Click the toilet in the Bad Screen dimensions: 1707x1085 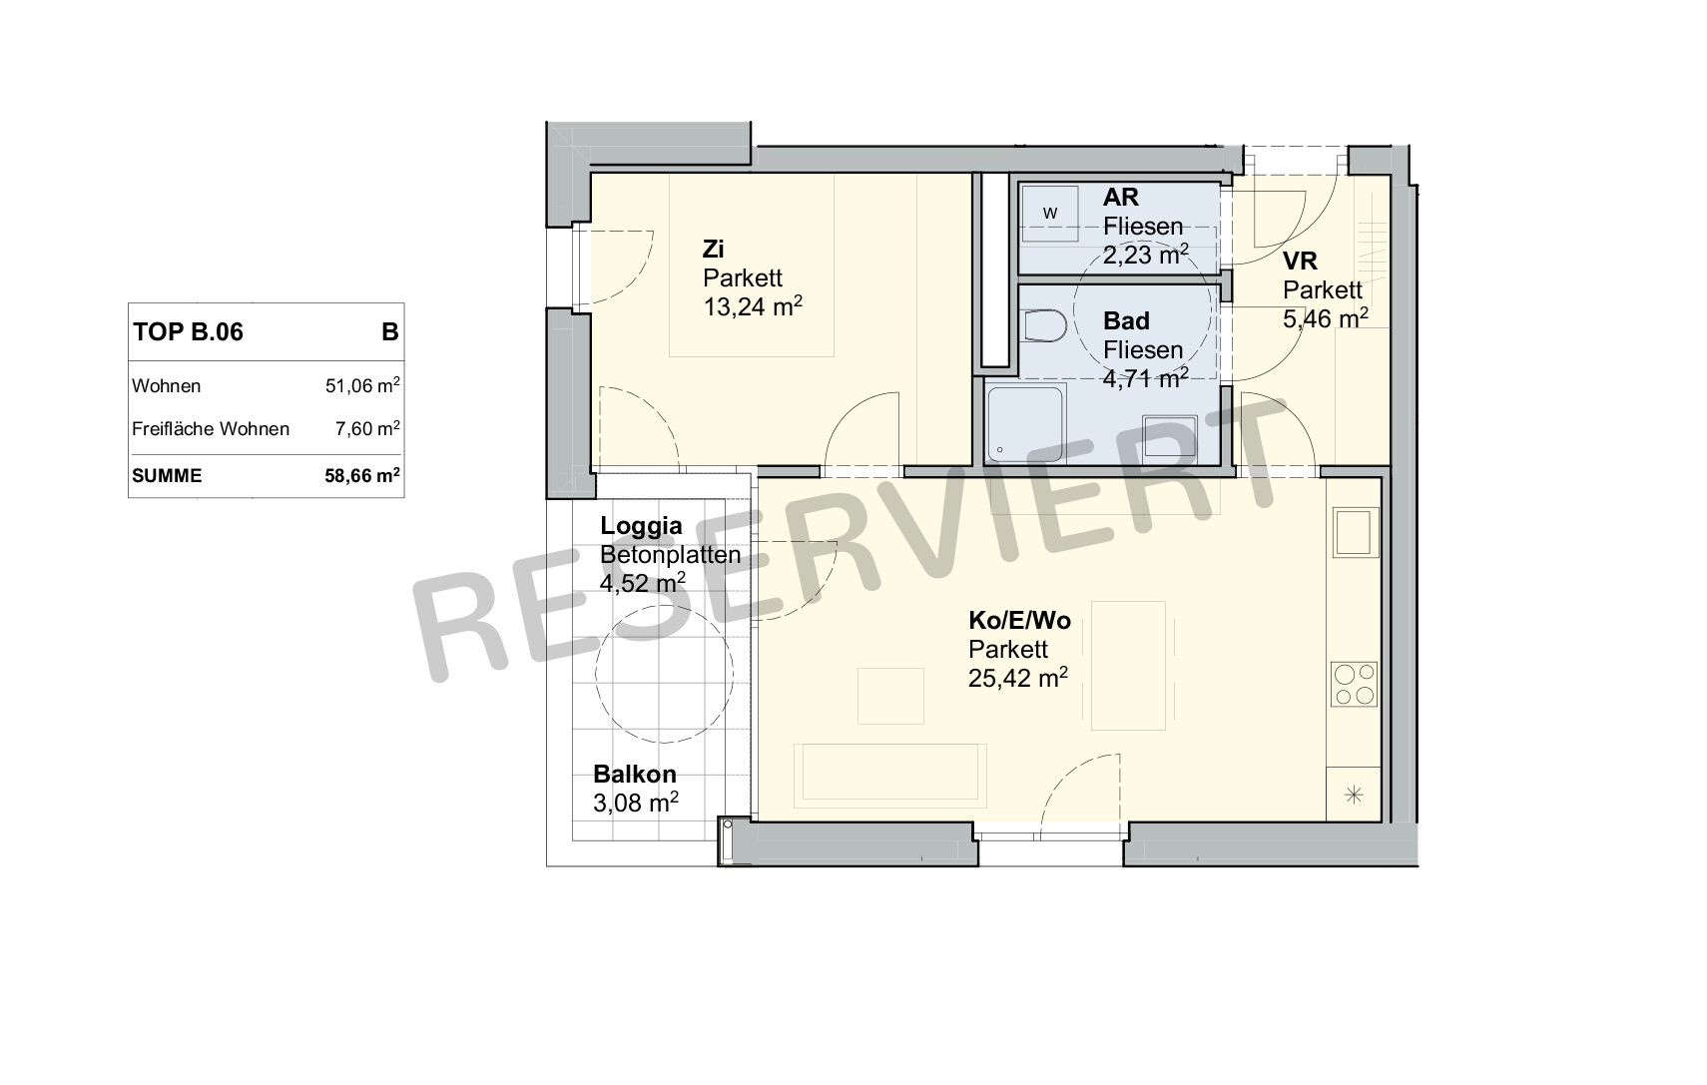(x=1044, y=326)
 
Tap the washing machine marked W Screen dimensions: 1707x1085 (x=1050, y=214)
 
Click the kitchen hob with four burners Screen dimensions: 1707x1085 (x=1355, y=684)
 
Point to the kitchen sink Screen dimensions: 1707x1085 (x=1355, y=532)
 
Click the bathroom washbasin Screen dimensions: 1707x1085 (x=1170, y=436)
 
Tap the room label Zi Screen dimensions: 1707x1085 (x=714, y=250)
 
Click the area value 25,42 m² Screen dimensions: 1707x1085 (x=1017, y=678)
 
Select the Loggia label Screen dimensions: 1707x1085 (x=641, y=526)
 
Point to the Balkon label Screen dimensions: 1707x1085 (x=635, y=775)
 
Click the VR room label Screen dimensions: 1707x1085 (x=1300, y=262)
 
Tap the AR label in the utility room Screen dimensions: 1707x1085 (x=1120, y=198)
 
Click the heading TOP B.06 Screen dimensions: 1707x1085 (x=189, y=332)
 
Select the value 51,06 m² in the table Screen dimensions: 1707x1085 (x=362, y=385)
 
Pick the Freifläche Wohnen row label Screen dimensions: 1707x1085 (x=211, y=429)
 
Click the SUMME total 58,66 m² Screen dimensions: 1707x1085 (x=362, y=475)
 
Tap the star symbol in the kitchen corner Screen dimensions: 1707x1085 (x=1355, y=796)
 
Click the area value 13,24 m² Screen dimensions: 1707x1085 (x=752, y=306)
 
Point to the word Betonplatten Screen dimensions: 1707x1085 (x=671, y=555)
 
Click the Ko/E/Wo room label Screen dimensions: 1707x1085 (x=1019, y=621)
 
